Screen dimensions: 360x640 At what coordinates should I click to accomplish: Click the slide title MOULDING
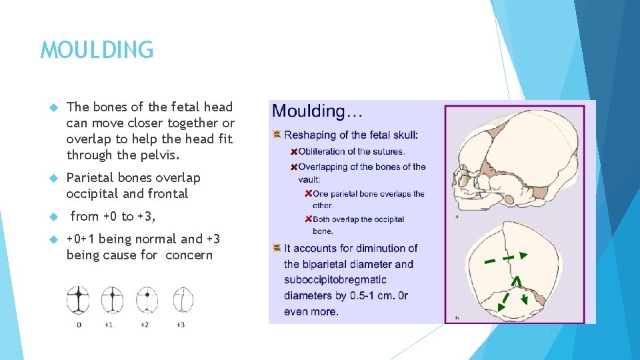tap(97, 50)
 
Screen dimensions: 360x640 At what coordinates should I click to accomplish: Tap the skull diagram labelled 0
tap(78, 299)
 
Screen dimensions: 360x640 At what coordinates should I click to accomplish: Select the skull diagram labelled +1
tap(111, 299)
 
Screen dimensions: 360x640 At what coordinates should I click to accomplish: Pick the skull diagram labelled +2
tap(146, 299)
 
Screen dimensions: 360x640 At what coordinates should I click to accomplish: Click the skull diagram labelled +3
tap(182, 299)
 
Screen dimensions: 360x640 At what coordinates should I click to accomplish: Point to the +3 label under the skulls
tap(181, 325)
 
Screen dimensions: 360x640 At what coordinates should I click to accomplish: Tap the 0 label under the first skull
tap(79, 325)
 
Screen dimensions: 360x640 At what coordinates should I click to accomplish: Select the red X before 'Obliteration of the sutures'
tap(293, 151)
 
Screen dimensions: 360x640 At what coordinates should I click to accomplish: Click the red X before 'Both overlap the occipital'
tap(308, 219)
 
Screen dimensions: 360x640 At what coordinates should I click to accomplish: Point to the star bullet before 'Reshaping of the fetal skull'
tap(277, 135)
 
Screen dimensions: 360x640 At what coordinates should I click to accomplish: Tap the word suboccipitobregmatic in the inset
tap(335, 280)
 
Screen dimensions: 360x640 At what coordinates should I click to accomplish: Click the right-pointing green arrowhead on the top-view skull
tap(523, 255)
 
